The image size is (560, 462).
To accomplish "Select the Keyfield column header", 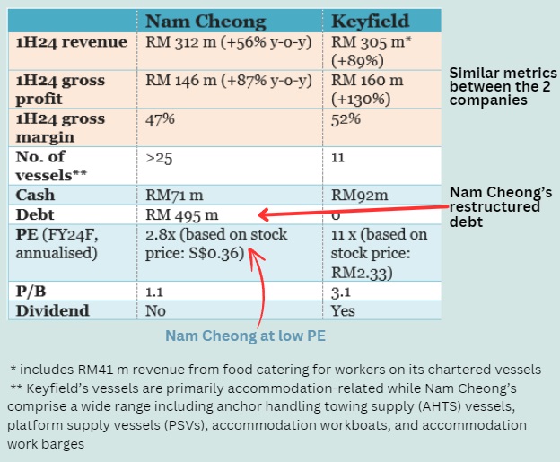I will pos(371,21).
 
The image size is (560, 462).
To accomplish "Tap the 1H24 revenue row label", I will pos(61,41).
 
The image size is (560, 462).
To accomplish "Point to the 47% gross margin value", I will pos(161,118).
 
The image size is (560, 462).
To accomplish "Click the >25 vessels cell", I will pos(160,157).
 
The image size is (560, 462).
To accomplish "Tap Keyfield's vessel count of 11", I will pos(338,157).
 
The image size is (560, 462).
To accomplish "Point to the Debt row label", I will pos(37,215).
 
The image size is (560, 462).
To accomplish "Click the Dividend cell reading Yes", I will pos(343,310).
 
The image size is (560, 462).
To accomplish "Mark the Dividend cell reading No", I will pos(155,310).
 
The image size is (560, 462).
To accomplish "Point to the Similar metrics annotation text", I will pos(501,86).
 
